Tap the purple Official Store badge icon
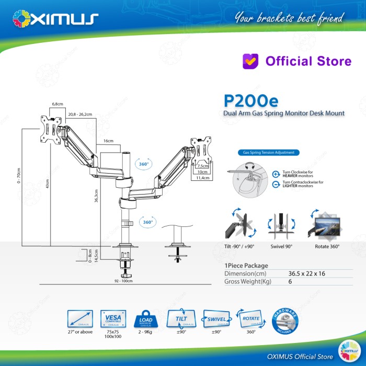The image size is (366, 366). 251,61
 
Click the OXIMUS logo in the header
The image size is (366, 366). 55,19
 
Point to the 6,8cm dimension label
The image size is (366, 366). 57,105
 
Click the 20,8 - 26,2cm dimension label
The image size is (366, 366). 79,114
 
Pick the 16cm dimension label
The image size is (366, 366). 108,141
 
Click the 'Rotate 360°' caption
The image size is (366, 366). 327,246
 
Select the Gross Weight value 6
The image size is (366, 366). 290,281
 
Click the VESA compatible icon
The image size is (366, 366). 113,318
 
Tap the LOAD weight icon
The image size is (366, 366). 146,319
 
